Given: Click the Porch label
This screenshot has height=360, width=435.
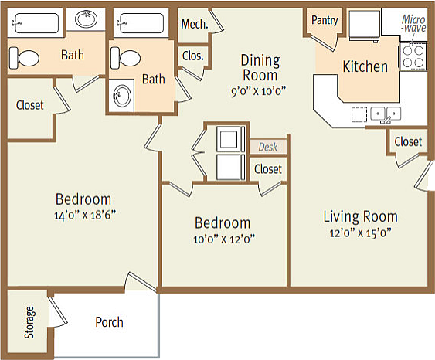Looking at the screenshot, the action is (x=109, y=322).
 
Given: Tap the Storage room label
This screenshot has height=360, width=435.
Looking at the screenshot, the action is (x=29, y=322).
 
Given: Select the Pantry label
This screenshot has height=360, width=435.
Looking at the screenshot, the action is (x=325, y=20).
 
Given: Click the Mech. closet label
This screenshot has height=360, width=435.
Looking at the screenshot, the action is (x=195, y=24).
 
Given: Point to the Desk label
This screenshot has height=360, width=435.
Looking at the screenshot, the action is (x=267, y=147).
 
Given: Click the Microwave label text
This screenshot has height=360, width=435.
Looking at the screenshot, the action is (x=413, y=24).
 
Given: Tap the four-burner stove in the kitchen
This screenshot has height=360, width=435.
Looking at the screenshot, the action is (x=413, y=56).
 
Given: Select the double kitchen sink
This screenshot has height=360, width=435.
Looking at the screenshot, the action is (x=386, y=114).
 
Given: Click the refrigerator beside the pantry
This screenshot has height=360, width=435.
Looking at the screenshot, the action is (x=365, y=25).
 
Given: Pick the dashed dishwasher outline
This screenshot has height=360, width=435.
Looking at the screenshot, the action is (x=359, y=114).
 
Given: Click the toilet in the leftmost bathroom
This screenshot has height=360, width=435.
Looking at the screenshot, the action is (x=24, y=58).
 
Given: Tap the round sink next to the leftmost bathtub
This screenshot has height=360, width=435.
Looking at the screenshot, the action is (x=87, y=19).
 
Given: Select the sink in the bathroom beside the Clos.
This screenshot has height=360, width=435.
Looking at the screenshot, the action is (x=122, y=96).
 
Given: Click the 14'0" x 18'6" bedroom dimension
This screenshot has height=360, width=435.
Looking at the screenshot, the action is (x=85, y=215).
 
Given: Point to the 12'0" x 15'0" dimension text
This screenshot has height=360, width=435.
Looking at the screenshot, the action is (x=360, y=233).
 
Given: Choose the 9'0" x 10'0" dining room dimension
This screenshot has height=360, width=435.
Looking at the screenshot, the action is (x=258, y=90).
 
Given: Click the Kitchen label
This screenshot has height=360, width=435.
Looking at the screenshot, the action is (x=365, y=66).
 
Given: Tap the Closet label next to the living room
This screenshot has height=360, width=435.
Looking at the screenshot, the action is (x=408, y=141).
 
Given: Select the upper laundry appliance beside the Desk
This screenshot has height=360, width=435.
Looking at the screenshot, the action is (x=230, y=138).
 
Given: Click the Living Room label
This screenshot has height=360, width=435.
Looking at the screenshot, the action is (x=360, y=216).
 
